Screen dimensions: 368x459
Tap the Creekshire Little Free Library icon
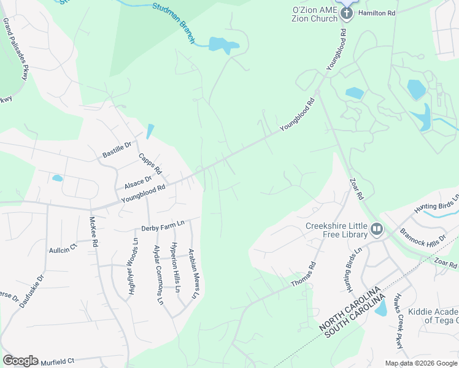(377, 229)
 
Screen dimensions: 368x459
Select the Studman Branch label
(173, 23)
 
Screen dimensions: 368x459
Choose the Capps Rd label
(150, 163)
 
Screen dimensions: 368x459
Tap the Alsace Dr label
(138, 182)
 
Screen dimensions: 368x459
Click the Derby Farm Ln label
(163, 226)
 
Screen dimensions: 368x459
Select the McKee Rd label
(94, 231)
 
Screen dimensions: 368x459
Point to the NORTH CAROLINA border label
(349, 309)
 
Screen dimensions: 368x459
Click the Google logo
(20, 361)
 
